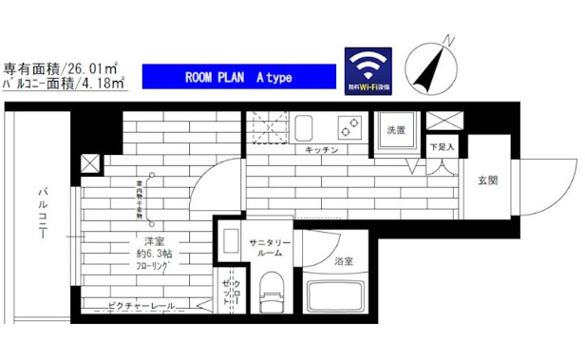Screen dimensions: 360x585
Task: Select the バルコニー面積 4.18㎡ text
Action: pyautogui.click(x=59, y=85)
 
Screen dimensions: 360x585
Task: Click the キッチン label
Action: pyautogui.click(x=317, y=150)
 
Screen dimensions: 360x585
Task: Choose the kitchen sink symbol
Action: pyautogui.click(x=306, y=126)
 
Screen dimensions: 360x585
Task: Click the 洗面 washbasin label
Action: pyautogui.click(x=396, y=130)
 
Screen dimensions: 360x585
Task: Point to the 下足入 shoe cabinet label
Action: pyautogui.click(x=442, y=148)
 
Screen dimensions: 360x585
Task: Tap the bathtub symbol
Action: pyautogui.click(x=337, y=298)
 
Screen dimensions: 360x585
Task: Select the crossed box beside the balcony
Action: pyautogui.click(x=89, y=163)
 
